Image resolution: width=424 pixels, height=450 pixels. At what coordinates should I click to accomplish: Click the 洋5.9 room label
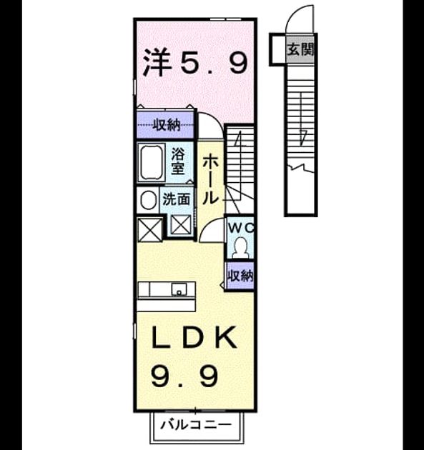click(195, 62)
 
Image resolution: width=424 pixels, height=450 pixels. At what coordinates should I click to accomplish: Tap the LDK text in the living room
click(194, 337)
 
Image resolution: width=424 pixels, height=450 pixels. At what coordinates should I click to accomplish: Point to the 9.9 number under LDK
click(184, 376)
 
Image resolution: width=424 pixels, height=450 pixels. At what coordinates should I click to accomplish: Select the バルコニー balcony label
click(196, 424)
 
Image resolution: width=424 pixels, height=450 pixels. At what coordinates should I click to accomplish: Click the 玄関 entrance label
click(300, 49)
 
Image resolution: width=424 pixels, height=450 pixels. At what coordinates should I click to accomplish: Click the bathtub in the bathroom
click(151, 162)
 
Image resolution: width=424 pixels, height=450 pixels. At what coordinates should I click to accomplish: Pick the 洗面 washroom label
click(177, 199)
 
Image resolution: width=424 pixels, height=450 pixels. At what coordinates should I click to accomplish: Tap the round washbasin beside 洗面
click(148, 200)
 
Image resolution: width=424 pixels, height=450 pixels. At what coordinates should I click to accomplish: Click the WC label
click(241, 228)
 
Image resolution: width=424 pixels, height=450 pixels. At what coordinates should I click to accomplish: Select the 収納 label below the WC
click(240, 276)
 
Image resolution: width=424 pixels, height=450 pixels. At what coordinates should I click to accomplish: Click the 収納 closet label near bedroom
click(167, 125)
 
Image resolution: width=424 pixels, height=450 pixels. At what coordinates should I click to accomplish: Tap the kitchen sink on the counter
click(179, 289)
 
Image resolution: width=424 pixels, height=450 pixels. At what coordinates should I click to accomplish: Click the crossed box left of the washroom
click(149, 229)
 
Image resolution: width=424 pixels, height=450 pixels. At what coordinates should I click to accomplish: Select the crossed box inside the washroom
click(181, 224)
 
